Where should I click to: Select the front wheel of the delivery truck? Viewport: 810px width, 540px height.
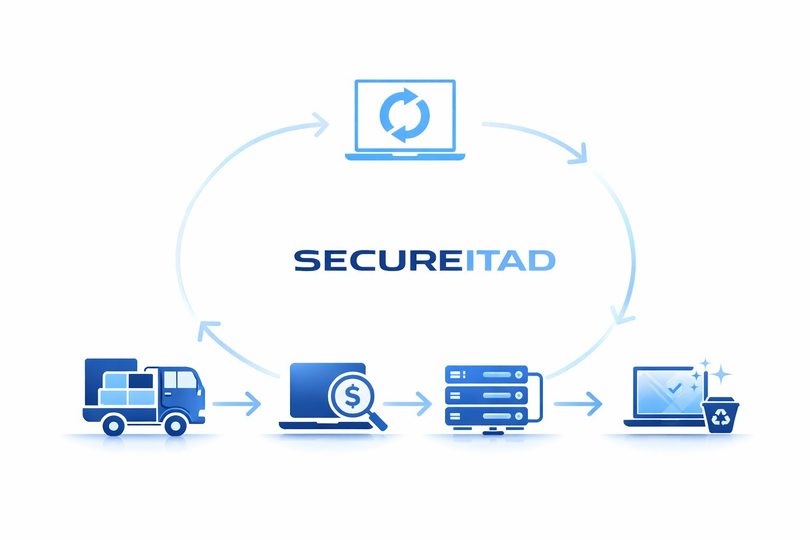coord(176,425)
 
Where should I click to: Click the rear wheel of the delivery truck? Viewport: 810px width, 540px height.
coord(113,425)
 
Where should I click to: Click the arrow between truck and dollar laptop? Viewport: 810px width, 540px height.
coord(237,404)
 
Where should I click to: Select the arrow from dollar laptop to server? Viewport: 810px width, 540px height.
coord(408,404)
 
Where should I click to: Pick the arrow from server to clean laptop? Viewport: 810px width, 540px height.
coord(578,404)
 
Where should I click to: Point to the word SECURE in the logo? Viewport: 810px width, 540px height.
coord(378,261)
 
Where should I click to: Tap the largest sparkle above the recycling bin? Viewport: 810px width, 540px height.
coord(720,374)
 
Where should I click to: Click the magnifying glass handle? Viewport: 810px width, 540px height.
coord(379,421)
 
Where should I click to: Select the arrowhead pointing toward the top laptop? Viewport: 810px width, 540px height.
coord(321,124)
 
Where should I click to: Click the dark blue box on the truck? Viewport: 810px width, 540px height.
coord(141,381)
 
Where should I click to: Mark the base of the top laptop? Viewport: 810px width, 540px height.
coord(404,157)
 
